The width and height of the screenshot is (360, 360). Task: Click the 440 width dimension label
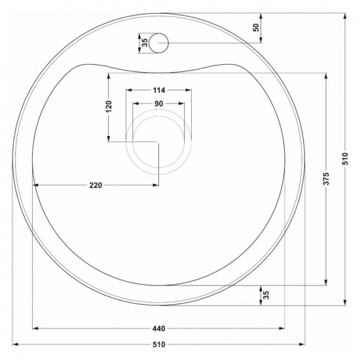[x=158, y=329]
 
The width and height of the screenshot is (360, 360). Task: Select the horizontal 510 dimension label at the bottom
[x=158, y=344]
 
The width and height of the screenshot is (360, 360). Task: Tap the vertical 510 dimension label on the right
[x=345, y=158]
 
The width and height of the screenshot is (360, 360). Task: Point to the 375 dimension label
[x=326, y=179]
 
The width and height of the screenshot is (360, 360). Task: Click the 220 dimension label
[x=96, y=185]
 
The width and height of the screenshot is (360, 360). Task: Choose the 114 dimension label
[x=159, y=90]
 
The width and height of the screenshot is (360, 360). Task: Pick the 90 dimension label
[x=158, y=104]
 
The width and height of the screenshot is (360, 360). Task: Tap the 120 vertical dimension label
[x=109, y=106]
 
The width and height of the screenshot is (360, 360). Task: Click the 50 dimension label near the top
[x=256, y=27]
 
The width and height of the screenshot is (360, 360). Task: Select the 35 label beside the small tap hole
[x=145, y=43]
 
